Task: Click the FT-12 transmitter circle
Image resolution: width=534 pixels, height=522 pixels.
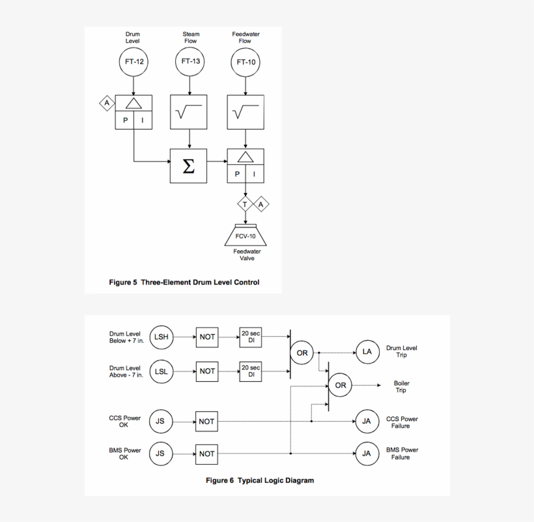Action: [133, 62]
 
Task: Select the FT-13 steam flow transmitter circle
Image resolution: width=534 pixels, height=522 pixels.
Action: [190, 62]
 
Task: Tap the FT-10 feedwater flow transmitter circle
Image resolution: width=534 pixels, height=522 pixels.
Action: [246, 63]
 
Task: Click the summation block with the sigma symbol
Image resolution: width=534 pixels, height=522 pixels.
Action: [189, 166]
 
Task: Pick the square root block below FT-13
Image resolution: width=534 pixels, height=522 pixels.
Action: [189, 111]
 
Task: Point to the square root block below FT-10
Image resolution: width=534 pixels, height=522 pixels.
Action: [246, 111]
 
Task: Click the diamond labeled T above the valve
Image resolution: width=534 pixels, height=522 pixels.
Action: [246, 205]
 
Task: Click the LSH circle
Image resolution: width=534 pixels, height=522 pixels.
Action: [161, 337]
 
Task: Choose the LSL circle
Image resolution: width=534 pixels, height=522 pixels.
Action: [161, 371]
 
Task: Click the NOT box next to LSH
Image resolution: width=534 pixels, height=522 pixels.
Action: [207, 337]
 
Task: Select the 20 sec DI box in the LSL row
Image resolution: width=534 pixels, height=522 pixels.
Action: [251, 371]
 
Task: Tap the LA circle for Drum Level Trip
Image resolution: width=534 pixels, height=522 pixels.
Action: [367, 352]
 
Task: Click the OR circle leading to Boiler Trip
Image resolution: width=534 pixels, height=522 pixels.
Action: [341, 385]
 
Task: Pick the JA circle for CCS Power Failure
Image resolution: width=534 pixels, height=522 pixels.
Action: [367, 421]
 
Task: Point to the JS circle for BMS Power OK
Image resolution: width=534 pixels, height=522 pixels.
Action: [161, 454]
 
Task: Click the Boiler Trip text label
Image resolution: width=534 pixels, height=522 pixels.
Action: [400, 386]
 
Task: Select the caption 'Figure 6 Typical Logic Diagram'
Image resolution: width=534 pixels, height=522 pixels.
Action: [260, 481]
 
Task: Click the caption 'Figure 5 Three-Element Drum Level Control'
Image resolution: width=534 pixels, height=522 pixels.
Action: [184, 283]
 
